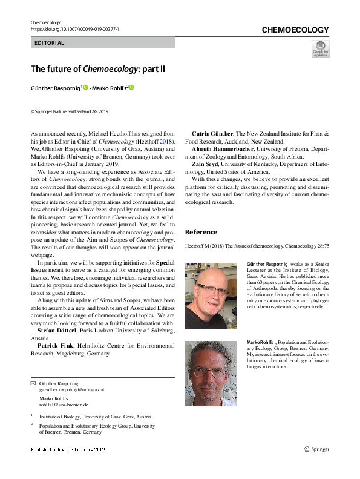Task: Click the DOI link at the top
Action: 74,29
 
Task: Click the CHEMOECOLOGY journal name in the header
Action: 295,30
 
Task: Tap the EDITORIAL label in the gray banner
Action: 49,43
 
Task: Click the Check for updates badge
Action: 320,48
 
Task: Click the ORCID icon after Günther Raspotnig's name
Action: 85,88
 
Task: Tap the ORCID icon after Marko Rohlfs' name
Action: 131,88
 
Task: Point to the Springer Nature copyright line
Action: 70,111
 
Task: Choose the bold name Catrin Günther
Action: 212,133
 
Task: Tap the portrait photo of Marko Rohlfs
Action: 211,372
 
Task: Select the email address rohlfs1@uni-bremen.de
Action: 64,405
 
